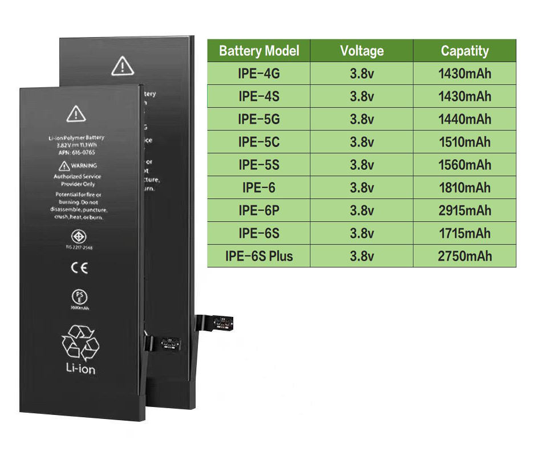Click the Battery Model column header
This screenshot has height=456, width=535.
(x=259, y=51)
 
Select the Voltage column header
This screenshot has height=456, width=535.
(x=362, y=51)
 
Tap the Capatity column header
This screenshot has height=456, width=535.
(x=465, y=51)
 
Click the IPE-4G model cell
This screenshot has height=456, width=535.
(x=259, y=74)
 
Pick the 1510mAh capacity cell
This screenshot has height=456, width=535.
(x=465, y=142)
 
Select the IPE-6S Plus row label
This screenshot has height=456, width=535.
(x=259, y=256)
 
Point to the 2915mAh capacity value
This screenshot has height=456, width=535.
(x=465, y=210)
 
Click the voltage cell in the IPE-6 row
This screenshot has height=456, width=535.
(x=362, y=188)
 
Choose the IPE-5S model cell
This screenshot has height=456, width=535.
(x=259, y=165)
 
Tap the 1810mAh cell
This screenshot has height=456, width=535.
(x=465, y=188)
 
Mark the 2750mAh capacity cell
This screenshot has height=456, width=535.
(x=465, y=256)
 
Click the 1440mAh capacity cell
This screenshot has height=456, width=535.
(x=465, y=119)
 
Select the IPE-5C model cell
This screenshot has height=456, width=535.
(x=259, y=142)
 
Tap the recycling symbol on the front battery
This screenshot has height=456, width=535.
(x=80, y=342)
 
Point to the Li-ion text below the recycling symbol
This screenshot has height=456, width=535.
(x=80, y=369)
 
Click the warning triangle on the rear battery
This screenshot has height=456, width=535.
(x=123, y=66)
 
